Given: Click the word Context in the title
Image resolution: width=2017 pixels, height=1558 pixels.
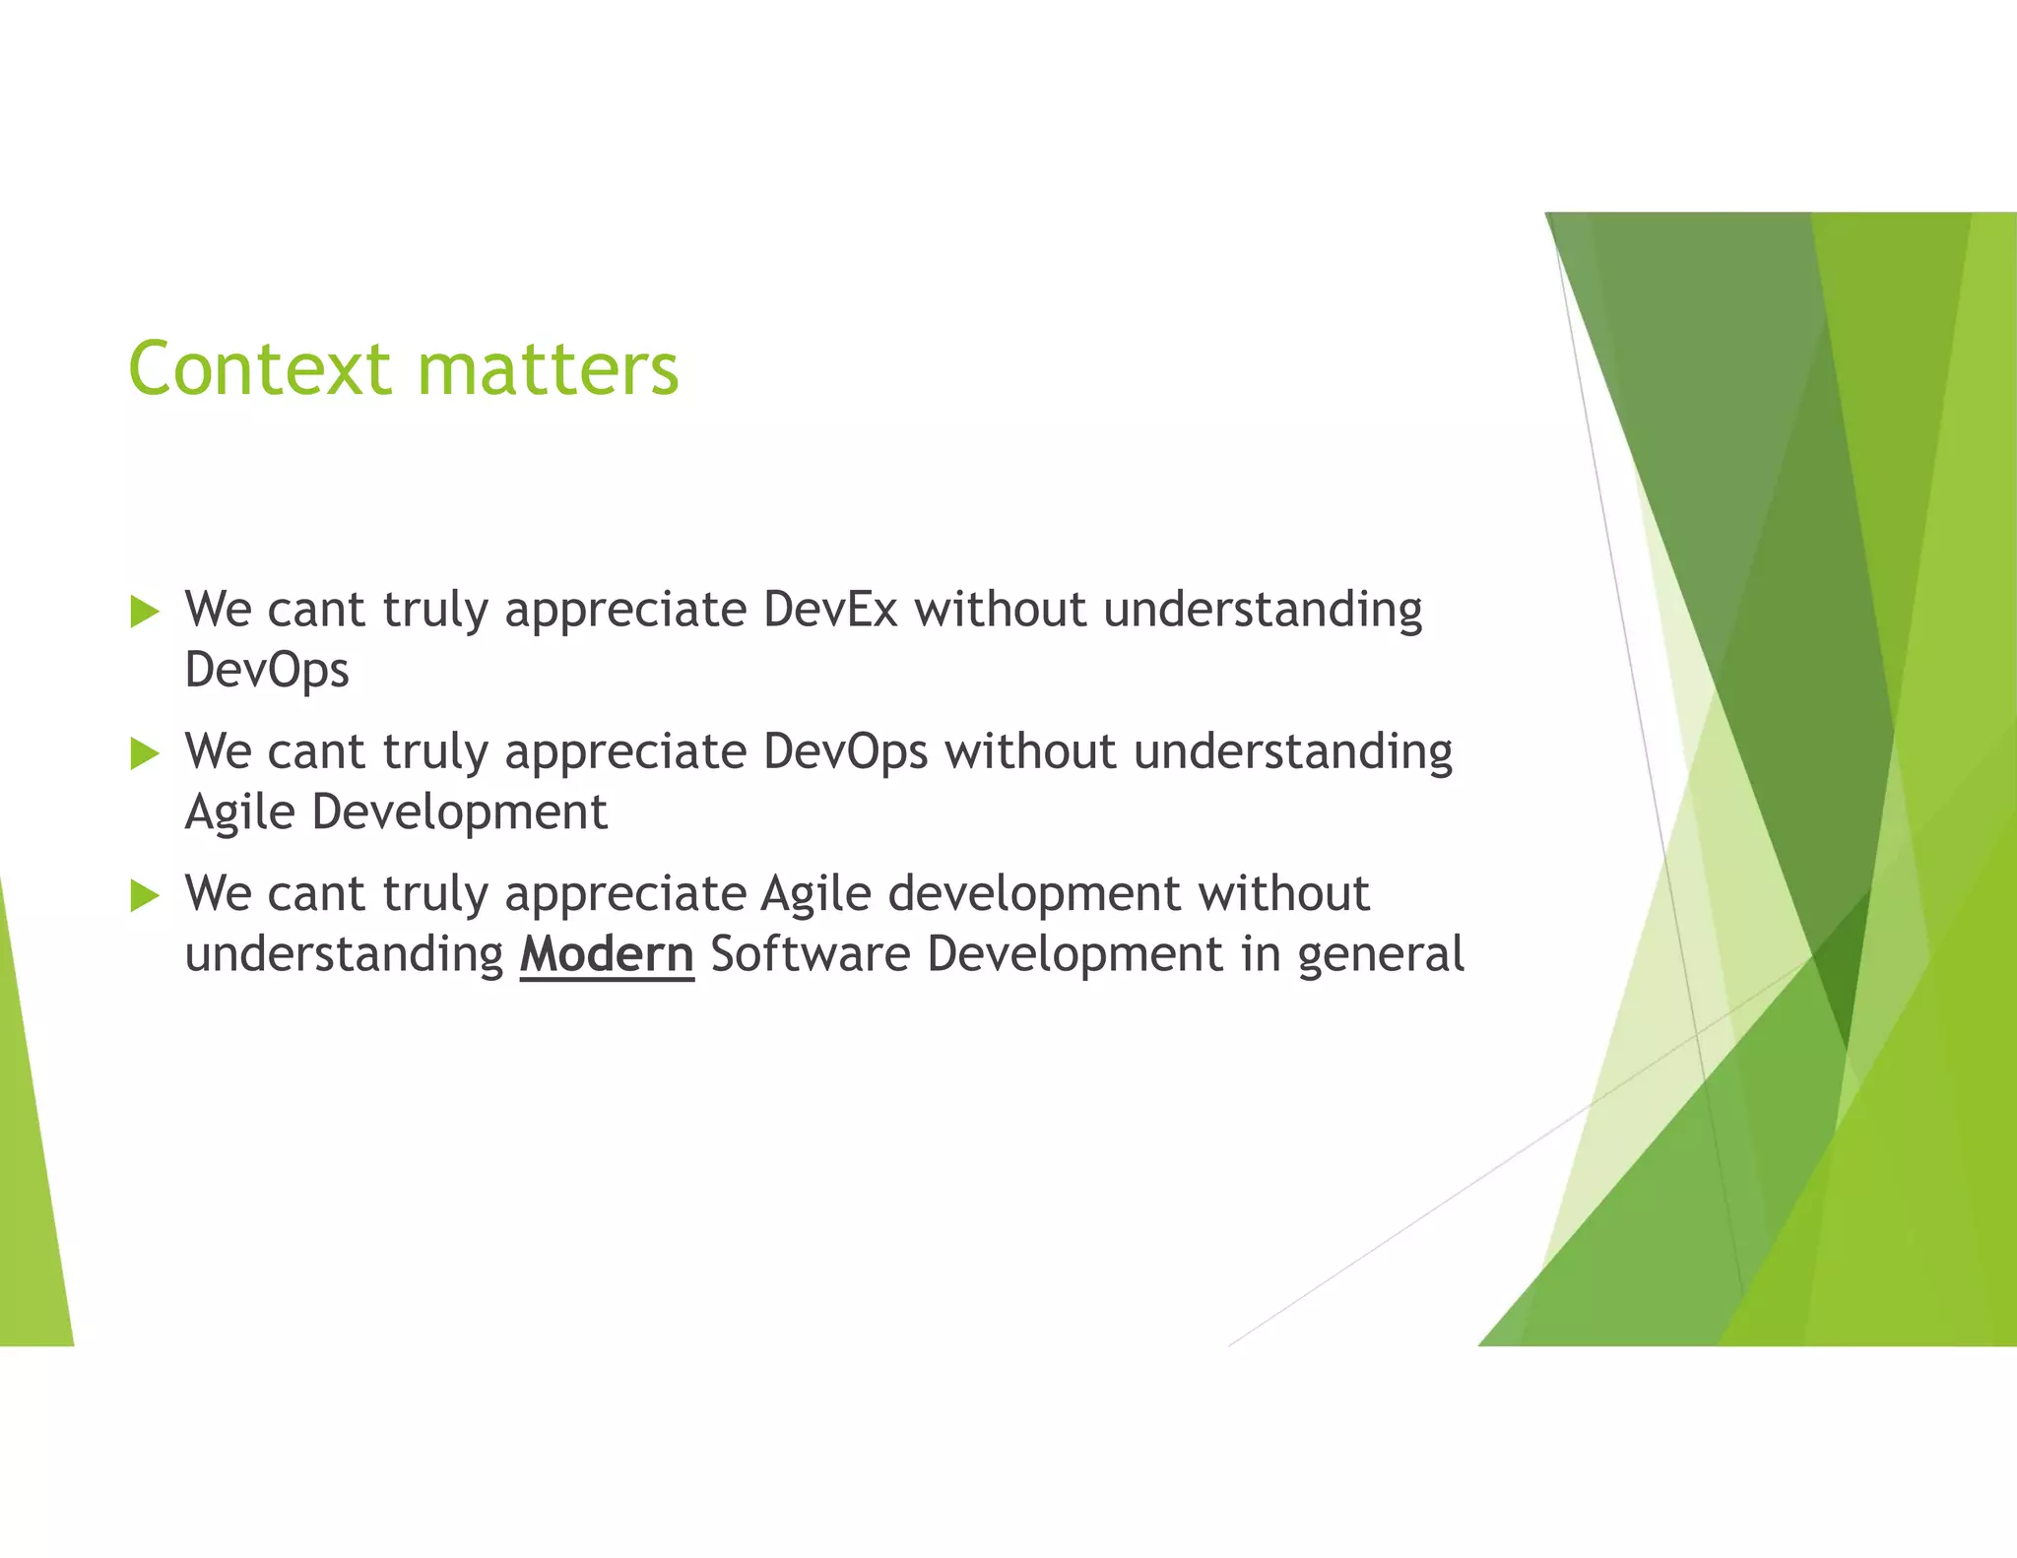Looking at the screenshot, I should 259,369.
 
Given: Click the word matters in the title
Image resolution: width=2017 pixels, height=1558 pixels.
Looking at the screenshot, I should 548,369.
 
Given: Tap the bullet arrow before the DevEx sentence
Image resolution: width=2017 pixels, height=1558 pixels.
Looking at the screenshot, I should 144,612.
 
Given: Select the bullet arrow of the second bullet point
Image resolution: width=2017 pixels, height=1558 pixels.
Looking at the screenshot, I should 144,753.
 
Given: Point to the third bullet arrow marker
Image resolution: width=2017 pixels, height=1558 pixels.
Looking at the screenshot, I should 144,895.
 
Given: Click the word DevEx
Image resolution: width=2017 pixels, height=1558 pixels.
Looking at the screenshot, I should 829,610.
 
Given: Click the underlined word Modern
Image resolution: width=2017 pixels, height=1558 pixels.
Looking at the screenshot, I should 607,954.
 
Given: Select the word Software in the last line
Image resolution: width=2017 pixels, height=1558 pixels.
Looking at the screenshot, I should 810,954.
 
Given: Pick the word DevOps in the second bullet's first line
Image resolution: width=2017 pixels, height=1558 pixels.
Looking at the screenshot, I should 845,751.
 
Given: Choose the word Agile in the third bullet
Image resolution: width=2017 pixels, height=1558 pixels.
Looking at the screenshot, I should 815,894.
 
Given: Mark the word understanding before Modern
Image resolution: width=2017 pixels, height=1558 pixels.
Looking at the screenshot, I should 344,954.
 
